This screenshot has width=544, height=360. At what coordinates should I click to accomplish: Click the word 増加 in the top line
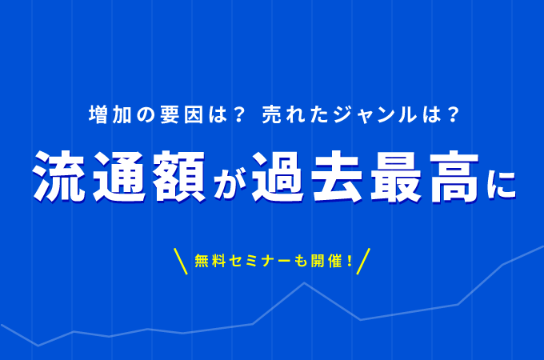tap(110, 114)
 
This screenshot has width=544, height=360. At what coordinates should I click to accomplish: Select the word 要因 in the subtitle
tap(182, 114)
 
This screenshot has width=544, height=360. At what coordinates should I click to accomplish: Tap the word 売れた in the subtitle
tap(295, 114)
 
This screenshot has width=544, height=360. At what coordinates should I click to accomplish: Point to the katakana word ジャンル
tap(374, 114)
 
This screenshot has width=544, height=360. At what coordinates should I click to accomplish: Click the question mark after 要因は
tap(239, 114)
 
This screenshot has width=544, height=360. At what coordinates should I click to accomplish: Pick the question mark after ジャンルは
tap(453, 114)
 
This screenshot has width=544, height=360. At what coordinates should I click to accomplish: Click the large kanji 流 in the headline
tap(59, 177)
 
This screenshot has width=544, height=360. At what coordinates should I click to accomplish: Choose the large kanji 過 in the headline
tap(278, 177)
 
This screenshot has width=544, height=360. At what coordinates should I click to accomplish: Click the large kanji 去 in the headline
tap(338, 177)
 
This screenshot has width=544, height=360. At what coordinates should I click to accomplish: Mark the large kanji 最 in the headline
tap(397, 177)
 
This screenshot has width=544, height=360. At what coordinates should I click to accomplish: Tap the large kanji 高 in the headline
tap(455, 177)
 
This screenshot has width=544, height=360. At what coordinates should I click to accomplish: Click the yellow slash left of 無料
tap(181, 261)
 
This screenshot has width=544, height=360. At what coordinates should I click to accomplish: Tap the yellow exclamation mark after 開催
tap(349, 261)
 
